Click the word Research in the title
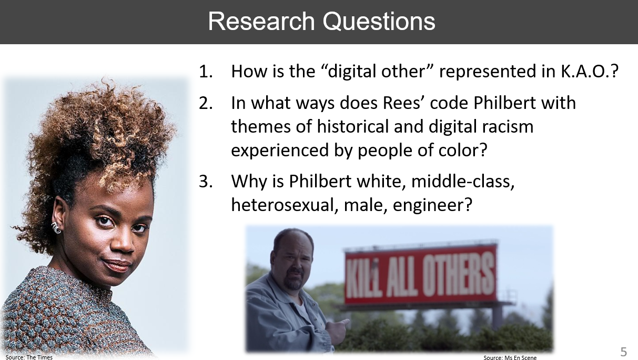tap(261, 21)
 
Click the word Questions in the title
tap(379, 22)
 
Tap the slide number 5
tap(623, 352)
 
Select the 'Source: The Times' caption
tap(29, 357)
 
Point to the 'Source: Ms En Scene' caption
tap(510, 357)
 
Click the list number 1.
tap(206, 71)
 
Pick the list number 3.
tap(206, 181)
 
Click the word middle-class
tap(463, 181)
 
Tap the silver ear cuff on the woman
tap(56, 228)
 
